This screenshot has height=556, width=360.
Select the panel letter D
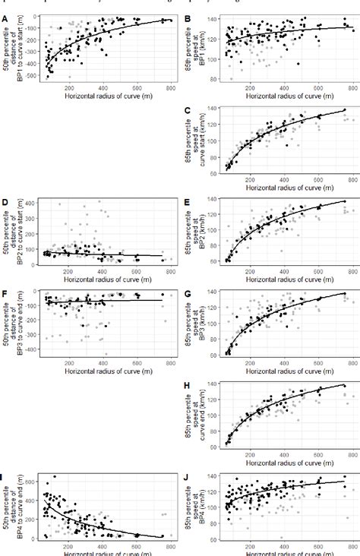[5, 201]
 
